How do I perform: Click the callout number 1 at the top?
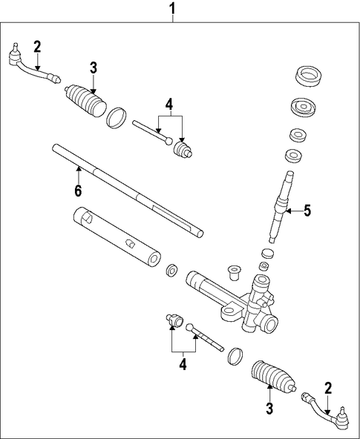[x=173, y=9]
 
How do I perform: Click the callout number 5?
[x=307, y=211]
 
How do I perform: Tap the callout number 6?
[x=78, y=191]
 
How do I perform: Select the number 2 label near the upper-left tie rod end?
[x=37, y=47]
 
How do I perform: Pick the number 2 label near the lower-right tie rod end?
[x=328, y=388]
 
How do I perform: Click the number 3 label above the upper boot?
[x=94, y=68]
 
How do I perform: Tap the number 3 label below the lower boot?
[x=269, y=409]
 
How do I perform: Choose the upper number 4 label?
[x=169, y=105]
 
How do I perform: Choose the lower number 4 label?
[x=183, y=365]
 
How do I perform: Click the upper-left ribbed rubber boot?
[x=86, y=100]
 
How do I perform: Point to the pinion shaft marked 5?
[x=281, y=207]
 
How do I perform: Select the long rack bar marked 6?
[x=128, y=191]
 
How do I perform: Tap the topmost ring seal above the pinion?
[x=309, y=76]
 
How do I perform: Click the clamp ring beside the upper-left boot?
[x=117, y=118]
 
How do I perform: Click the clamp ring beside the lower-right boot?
[x=235, y=357]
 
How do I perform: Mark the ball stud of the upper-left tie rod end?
[x=16, y=47]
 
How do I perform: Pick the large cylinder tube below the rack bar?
[x=117, y=237]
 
